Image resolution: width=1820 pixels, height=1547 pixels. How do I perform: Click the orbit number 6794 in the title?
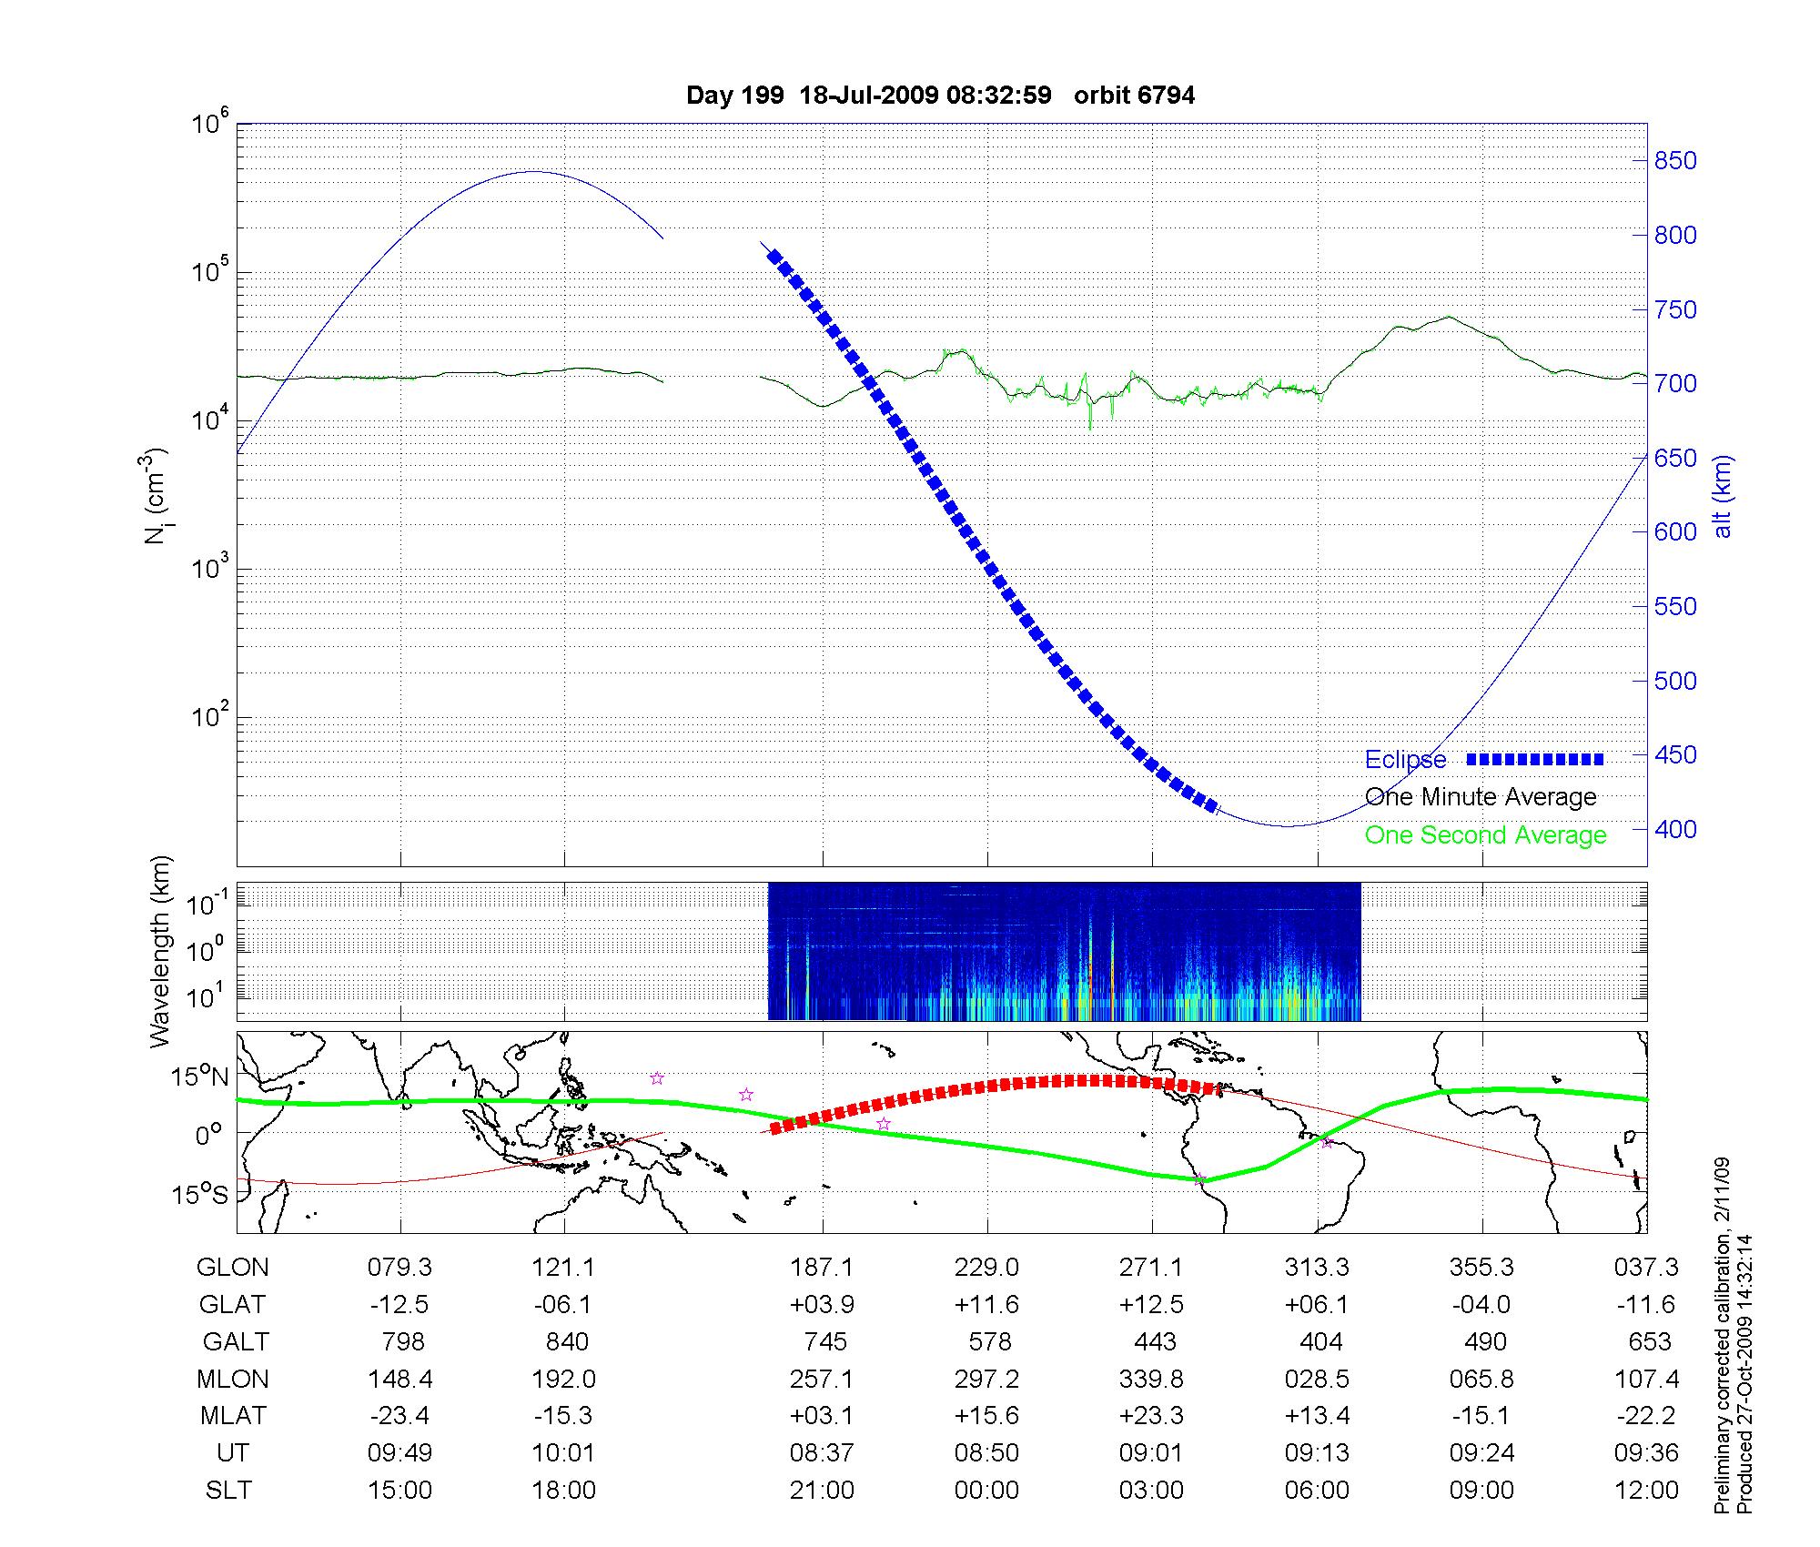[x=1167, y=96]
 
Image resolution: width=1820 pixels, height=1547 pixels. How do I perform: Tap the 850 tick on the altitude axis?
[x=1674, y=161]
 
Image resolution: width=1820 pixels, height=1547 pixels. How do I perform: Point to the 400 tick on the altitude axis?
[x=1674, y=829]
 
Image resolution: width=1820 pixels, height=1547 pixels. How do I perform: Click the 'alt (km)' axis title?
[x=1724, y=496]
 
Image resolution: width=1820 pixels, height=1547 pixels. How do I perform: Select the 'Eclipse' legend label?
[x=1405, y=760]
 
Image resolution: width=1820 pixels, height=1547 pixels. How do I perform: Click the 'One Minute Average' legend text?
[x=1481, y=797]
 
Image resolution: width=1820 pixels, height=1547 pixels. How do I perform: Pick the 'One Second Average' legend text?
[x=1485, y=835]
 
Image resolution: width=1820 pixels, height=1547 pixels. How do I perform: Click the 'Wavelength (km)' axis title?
[x=162, y=952]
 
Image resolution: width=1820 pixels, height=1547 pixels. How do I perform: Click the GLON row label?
[x=233, y=1268]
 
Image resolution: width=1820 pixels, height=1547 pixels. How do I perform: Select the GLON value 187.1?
[x=822, y=1268]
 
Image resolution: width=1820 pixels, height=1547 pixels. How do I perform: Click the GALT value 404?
[x=1320, y=1342]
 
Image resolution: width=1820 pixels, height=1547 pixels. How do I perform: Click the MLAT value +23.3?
[x=1151, y=1416]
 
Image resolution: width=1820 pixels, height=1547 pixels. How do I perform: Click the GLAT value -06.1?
[x=563, y=1305]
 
